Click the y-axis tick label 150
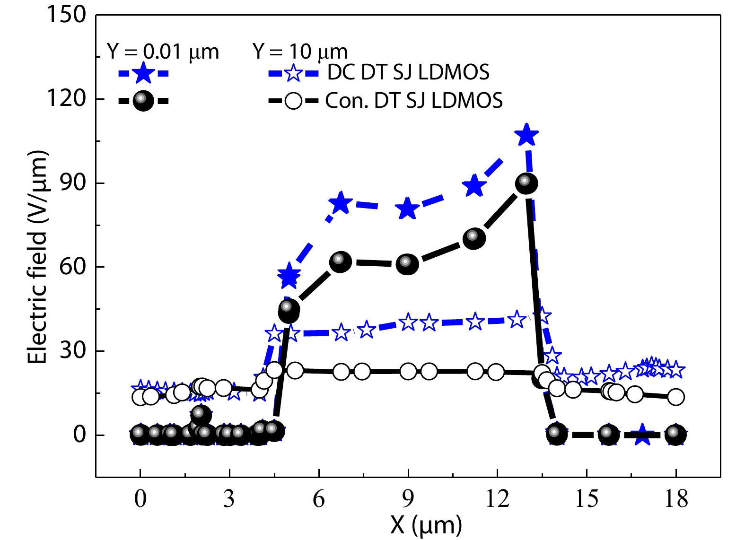coord(66,15)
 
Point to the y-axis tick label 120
coord(66,99)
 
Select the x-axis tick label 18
coord(676,499)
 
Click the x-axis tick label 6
coord(319,499)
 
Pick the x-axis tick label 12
coord(497,499)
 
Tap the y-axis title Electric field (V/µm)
coord(38,258)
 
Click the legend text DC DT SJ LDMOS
coord(408,72)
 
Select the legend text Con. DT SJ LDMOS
coord(414,100)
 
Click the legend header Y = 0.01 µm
coord(163,52)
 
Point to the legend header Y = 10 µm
coord(300,52)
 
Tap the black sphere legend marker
coord(143,100)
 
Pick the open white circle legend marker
coord(293,101)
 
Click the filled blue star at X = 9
coord(408,209)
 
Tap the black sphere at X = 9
coord(408,264)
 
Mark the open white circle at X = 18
coord(676,397)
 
